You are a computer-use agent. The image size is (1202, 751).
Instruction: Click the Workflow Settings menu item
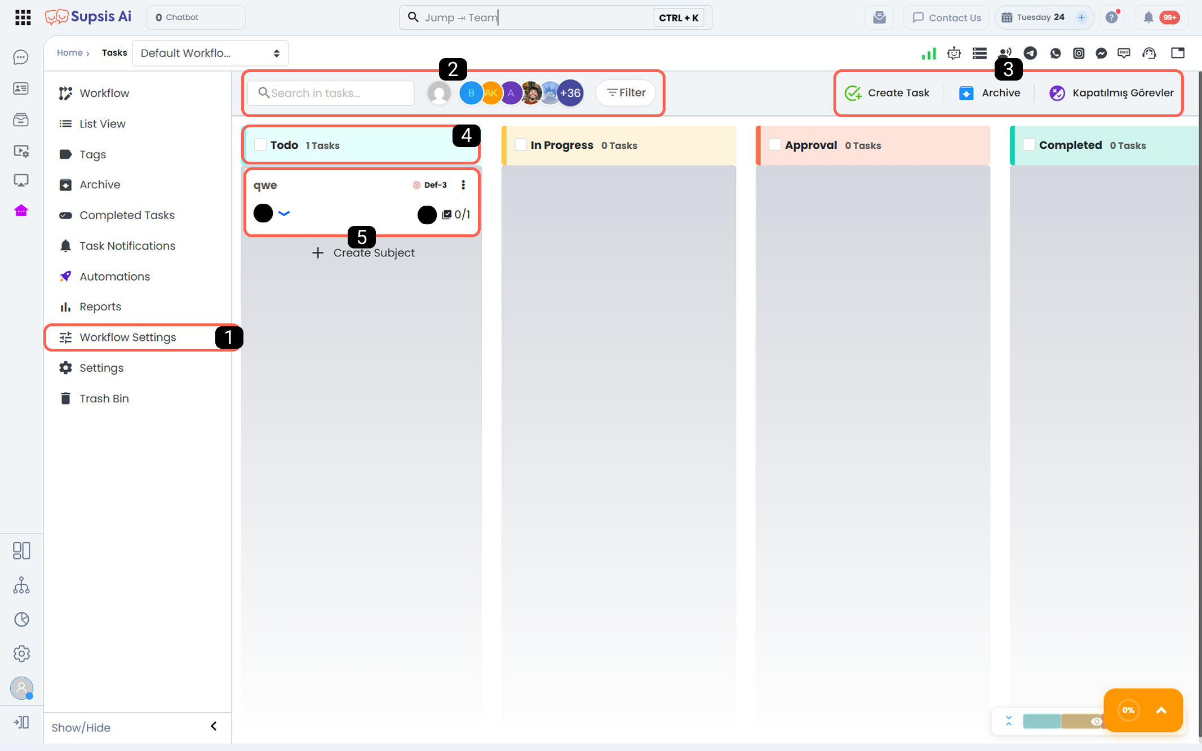coord(128,337)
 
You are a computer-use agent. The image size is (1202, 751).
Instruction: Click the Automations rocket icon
coord(65,276)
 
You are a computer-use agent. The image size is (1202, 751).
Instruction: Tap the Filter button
coord(626,93)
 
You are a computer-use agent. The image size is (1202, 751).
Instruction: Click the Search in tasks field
coord(331,93)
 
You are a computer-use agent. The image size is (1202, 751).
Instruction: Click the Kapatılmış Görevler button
coord(1111,93)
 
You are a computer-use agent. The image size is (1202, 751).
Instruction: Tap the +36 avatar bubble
coord(570,93)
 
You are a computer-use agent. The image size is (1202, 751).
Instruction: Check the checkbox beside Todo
coord(260,145)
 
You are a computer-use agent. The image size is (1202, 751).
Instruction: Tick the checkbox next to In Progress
coord(521,145)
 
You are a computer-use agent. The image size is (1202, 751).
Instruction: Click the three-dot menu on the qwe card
coord(463,185)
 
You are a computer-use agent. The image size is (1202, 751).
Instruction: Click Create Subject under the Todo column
coord(363,253)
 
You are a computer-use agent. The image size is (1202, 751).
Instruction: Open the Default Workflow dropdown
coord(210,53)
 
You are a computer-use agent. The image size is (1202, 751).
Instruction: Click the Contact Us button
coord(947,17)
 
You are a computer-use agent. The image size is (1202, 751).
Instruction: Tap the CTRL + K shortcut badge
coord(678,17)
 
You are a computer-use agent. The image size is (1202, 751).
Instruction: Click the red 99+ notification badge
coord(1170,17)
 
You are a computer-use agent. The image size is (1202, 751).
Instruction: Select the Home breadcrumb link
coord(70,52)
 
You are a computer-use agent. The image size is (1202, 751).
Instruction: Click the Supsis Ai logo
coord(88,17)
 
